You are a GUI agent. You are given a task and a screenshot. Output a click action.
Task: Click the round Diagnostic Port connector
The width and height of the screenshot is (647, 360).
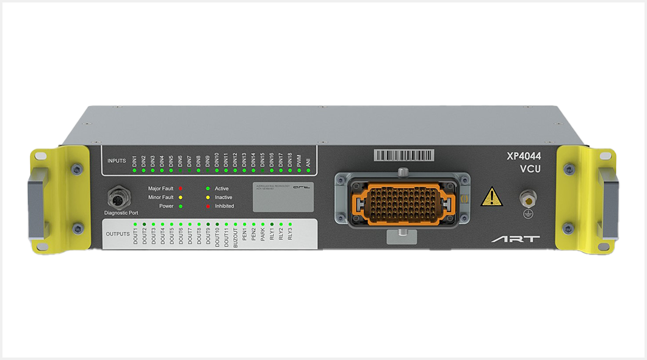tap(117, 198)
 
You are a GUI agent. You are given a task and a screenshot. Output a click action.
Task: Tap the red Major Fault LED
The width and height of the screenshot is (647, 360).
tap(181, 189)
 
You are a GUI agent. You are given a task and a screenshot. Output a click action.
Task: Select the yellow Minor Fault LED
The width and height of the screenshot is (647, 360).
tap(181, 198)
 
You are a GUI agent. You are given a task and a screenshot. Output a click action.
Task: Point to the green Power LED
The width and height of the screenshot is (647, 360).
tap(181, 206)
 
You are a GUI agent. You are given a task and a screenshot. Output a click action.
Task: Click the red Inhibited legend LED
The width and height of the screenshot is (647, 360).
tap(208, 206)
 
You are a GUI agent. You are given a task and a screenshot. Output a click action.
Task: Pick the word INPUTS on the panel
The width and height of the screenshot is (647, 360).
tap(116, 161)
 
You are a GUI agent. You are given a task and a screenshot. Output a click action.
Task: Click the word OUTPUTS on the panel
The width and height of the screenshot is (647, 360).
tap(118, 234)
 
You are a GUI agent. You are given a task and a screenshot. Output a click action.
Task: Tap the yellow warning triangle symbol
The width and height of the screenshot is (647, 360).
tap(491, 196)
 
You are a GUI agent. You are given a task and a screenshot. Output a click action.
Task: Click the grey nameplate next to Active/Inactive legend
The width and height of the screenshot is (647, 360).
tap(284, 196)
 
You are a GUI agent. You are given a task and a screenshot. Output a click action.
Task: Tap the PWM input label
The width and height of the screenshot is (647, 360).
tap(299, 160)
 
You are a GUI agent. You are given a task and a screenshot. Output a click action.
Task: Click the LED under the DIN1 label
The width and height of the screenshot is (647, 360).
tap(134, 170)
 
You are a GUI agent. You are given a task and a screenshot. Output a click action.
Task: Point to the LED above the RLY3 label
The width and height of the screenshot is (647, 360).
tap(290, 224)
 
